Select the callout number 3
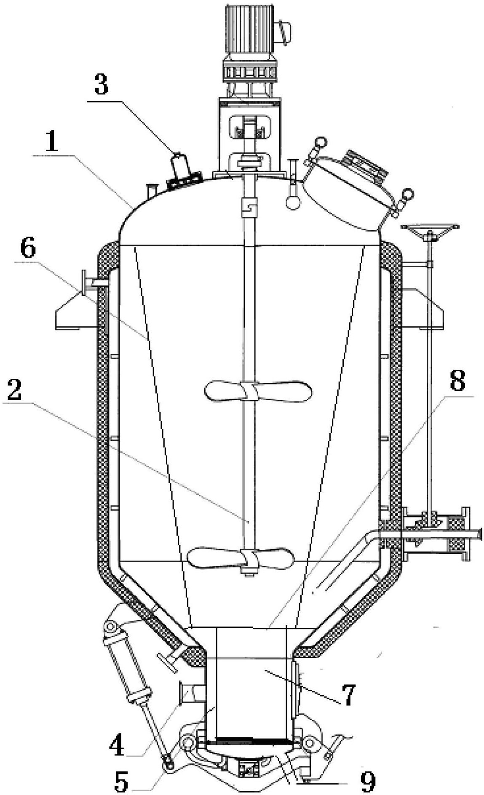pyautogui.click(x=100, y=85)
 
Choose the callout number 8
pyautogui.click(x=457, y=380)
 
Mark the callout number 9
pyautogui.click(x=368, y=782)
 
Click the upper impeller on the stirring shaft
pyautogui.click(x=258, y=391)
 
